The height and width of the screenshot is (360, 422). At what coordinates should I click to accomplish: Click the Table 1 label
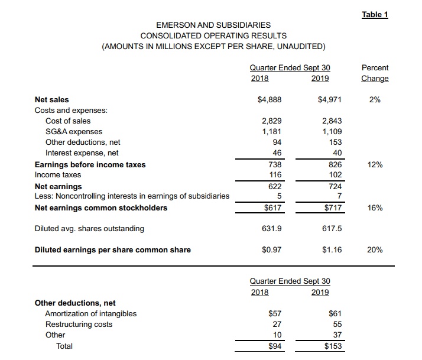point(375,15)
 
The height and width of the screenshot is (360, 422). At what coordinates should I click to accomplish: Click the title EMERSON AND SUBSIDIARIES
point(213,25)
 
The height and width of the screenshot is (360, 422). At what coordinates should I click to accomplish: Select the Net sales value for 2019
point(330,100)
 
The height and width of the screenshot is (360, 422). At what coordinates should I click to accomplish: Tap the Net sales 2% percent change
point(375,100)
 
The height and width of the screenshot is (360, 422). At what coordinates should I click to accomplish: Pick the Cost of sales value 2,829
point(271,121)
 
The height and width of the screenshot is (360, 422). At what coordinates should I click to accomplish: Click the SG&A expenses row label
point(74,132)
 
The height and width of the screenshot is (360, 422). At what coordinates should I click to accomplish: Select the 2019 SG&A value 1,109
point(332,132)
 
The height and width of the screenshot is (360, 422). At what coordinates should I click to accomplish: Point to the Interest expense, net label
point(82,153)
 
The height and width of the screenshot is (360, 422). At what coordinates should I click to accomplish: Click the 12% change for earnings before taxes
point(375,164)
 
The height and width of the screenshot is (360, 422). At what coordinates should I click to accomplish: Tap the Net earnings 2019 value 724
point(335,186)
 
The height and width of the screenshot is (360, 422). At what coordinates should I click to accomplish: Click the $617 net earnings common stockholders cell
point(272,208)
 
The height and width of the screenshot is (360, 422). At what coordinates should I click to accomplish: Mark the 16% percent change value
point(375,208)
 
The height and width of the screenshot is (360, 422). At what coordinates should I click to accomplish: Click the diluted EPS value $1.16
point(332,249)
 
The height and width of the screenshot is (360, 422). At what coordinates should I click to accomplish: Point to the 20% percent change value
point(375,249)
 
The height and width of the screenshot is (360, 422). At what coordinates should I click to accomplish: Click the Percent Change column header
point(375,73)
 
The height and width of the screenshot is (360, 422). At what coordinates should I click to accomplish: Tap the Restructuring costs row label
point(79,324)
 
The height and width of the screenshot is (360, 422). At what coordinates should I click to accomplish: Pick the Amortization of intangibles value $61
point(334,313)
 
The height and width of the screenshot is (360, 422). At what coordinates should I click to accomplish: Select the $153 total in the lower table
point(332,346)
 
